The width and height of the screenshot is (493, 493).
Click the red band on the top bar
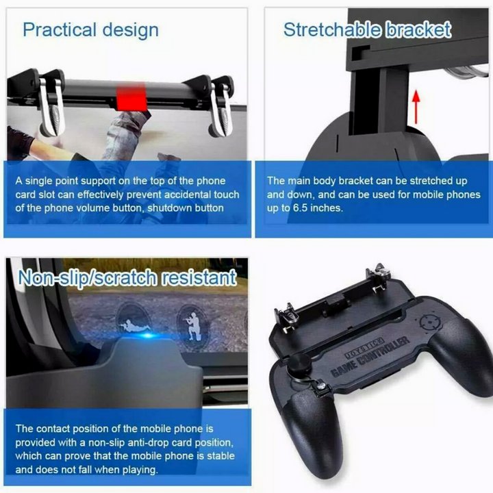pos(131,97)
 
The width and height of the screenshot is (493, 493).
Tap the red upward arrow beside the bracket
pos(416,107)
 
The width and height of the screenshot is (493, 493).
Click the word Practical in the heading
pos(60,30)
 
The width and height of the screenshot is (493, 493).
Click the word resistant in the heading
pos(199,277)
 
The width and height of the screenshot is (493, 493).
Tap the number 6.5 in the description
pos(300,208)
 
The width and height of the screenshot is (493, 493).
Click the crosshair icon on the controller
pos(429,322)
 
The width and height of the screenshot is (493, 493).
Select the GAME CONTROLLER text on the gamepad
pos(370,356)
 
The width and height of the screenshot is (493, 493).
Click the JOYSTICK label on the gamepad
pos(365,348)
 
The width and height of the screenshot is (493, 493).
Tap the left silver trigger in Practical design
pos(51,108)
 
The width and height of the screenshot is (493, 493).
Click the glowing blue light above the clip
pos(147,336)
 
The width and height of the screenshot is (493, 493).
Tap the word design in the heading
pos(131,31)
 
